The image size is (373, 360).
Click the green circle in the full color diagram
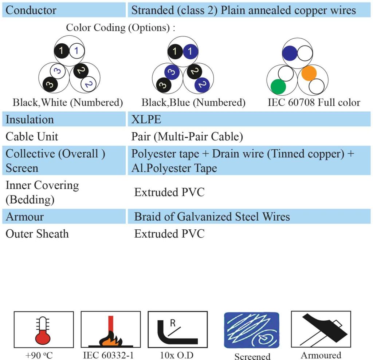click(x=278, y=87)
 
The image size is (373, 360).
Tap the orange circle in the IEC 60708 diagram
click(x=309, y=73)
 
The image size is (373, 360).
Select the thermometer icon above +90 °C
click(x=43, y=331)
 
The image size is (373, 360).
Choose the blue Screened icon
click(x=252, y=330)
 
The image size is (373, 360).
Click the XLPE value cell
click(x=146, y=119)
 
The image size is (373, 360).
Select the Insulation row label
click(x=30, y=119)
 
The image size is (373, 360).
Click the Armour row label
click(x=25, y=217)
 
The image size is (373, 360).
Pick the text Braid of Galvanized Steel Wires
click(x=212, y=217)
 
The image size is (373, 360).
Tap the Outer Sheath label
click(x=37, y=234)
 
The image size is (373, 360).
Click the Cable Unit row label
click(x=32, y=137)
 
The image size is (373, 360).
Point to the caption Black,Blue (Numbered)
click(x=193, y=103)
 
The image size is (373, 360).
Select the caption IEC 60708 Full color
click(x=314, y=103)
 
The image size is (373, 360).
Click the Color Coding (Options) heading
click(x=121, y=28)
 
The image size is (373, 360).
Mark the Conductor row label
click(x=31, y=10)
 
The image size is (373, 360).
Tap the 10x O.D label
click(x=177, y=355)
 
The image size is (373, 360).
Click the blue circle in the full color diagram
click(x=290, y=53)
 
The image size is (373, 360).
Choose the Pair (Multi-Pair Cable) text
click(x=187, y=137)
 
